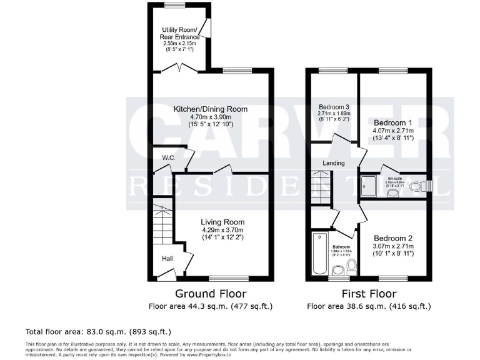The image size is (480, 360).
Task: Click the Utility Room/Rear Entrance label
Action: [x=179, y=34]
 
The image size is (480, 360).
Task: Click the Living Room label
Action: [x=222, y=222]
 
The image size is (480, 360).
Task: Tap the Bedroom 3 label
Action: [x=334, y=106]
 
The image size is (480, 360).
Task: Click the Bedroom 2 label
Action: [x=393, y=238]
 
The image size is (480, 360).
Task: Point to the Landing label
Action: [x=333, y=164]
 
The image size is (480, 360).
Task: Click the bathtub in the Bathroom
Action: [x=319, y=253]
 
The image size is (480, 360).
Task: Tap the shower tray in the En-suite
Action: [x=371, y=186]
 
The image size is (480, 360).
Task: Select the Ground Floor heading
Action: [x=210, y=294]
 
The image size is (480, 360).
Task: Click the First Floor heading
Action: [x=369, y=294]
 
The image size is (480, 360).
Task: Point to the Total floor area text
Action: [x=98, y=331]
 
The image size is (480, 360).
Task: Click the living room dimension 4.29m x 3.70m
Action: [x=222, y=230]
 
